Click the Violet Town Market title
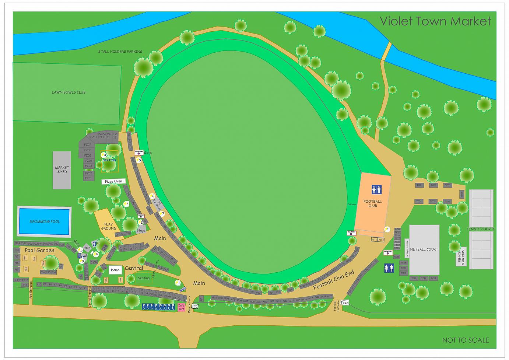click(x=435, y=21)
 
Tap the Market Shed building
click(x=62, y=170)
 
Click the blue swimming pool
click(x=44, y=221)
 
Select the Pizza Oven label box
click(x=113, y=181)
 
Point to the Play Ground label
click(x=108, y=226)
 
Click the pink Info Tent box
click(x=181, y=307)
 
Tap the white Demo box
click(x=115, y=270)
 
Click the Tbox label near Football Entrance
click(x=344, y=303)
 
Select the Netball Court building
click(x=424, y=249)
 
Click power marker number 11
click(x=387, y=229)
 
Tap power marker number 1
click(x=178, y=283)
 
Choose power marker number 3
click(x=126, y=204)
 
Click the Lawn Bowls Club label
click(x=69, y=92)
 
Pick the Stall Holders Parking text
click(x=120, y=52)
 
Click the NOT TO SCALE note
click(x=466, y=340)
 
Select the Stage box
click(x=141, y=230)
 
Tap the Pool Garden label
click(x=39, y=251)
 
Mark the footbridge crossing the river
click(x=387, y=51)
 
